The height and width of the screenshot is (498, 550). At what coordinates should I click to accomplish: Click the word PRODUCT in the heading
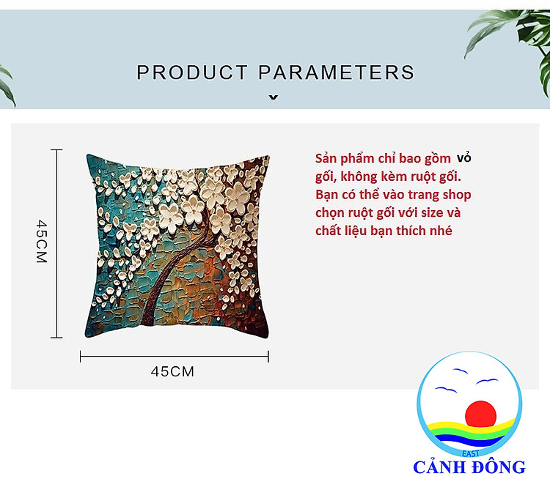click(x=192, y=73)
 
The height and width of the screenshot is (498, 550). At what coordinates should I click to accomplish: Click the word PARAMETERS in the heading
click(x=337, y=73)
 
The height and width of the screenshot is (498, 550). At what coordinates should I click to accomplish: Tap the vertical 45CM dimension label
click(x=42, y=241)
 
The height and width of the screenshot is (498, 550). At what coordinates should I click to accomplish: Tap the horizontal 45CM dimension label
click(x=172, y=371)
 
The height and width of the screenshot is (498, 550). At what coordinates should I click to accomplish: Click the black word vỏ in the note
click(x=463, y=158)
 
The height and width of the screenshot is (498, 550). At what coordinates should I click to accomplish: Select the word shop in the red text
click(x=457, y=195)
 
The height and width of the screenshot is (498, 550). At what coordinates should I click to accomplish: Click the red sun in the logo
click(x=480, y=414)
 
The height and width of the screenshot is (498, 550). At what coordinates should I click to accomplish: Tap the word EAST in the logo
click(x=471, y=454)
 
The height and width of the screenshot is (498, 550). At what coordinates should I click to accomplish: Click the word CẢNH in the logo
click(x=440, y=467)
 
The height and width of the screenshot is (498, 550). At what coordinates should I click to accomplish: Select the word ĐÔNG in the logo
click(x=499, y=467)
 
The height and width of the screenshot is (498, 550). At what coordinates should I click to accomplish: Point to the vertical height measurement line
click(x=56, y=244)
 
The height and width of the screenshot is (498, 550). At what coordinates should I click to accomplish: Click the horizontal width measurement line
click(x=175, y=357)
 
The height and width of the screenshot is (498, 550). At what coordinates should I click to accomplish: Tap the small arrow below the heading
click(x=274, y=97)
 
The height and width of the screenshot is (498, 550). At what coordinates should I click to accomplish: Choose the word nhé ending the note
click(x=443, y=231)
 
